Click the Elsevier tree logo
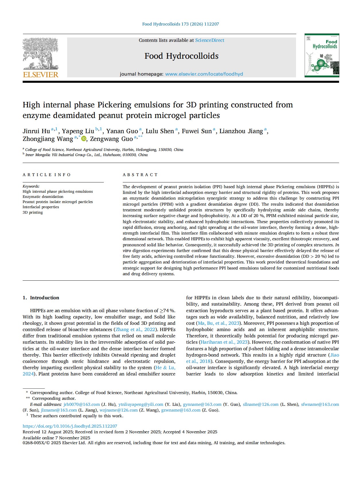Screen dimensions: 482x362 [40, 54]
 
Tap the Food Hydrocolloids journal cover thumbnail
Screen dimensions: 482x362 [322, 55]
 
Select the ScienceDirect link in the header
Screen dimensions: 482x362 [210, 40]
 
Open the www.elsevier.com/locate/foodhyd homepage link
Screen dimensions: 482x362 [204, 74]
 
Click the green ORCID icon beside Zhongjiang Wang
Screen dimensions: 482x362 [84, 139]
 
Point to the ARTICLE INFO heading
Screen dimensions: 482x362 [46, 175]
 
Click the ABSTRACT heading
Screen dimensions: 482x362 [140, 175]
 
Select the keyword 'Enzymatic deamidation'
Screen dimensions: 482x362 [43, 197]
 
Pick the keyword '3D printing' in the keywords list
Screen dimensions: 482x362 [33, 212]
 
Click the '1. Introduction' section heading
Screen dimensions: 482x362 [41, 298]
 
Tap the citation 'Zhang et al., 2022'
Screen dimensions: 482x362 [135, 329]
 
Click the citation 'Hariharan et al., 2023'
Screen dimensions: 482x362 [224, 342]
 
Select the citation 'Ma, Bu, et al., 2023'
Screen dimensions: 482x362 [219, 323]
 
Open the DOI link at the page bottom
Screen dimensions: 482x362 [70, 426]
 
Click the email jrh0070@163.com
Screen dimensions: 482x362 [81, 404]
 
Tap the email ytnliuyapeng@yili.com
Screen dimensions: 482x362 [141, 404]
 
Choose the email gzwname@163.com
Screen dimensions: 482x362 [181, 410]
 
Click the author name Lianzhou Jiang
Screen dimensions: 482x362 [241, 131]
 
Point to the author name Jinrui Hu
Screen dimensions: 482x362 [36, 131]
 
